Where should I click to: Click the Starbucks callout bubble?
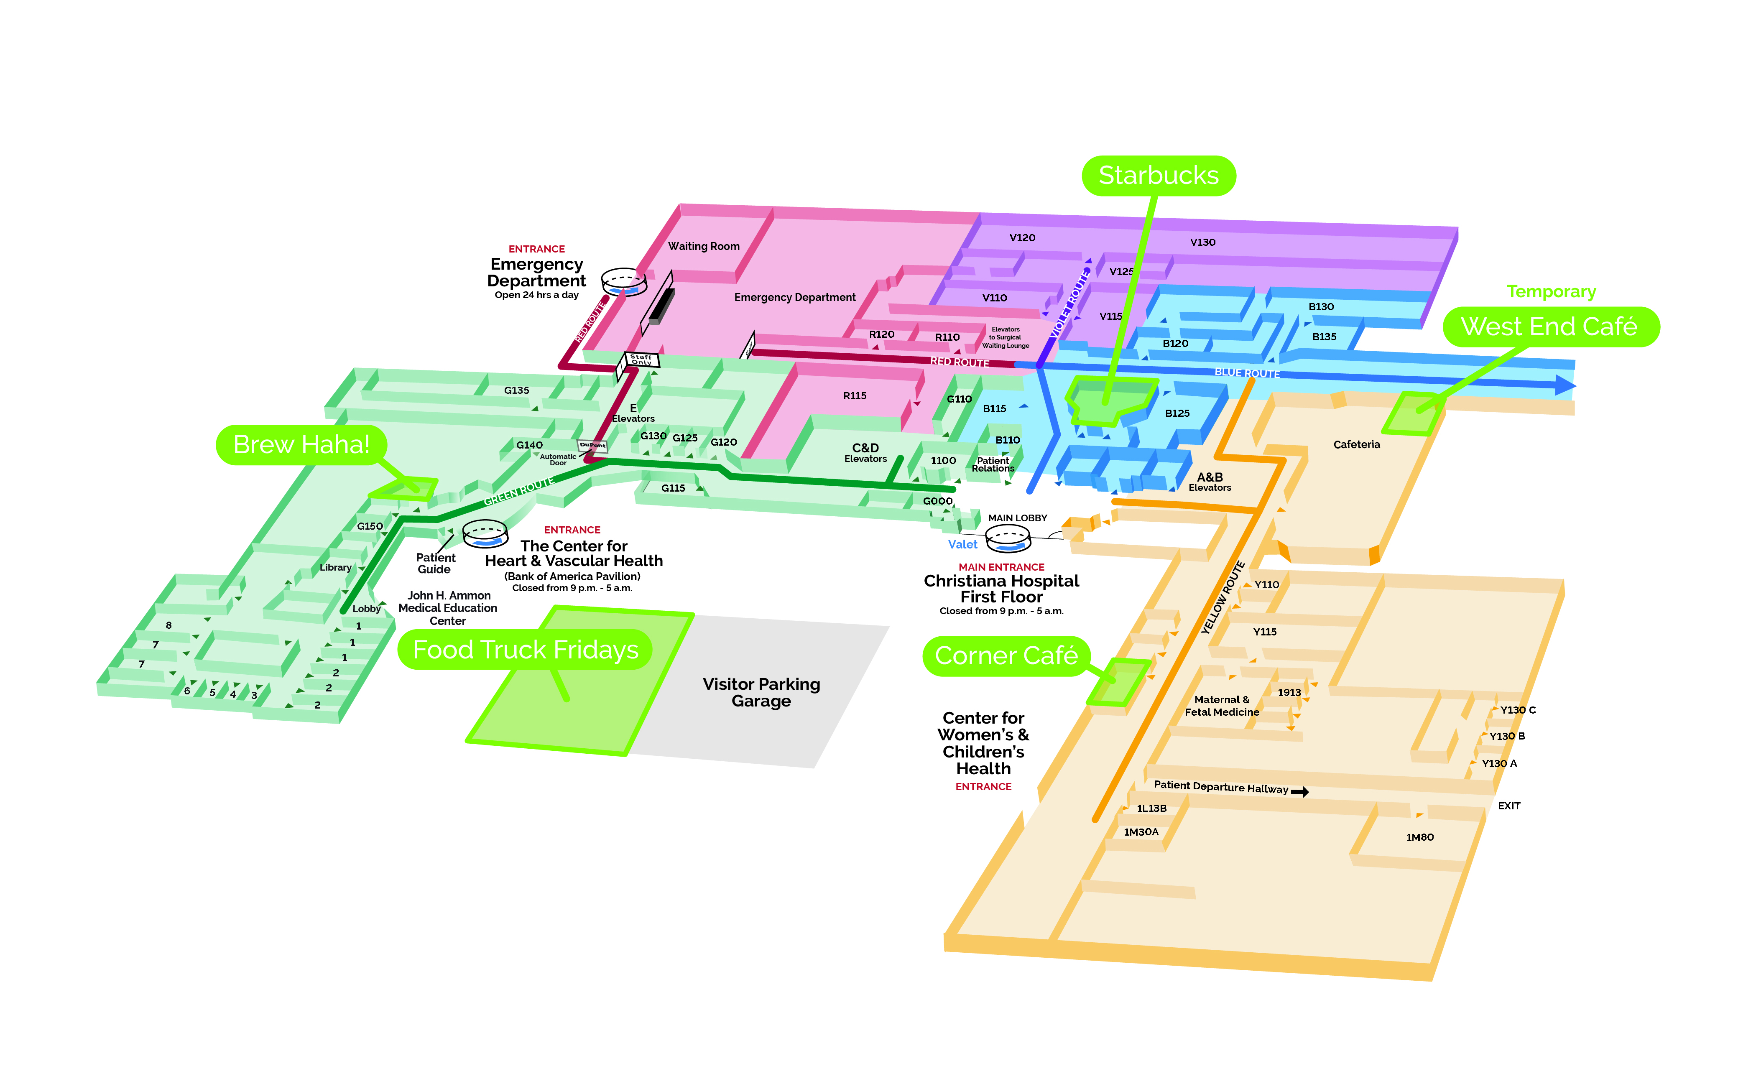point(1158,175)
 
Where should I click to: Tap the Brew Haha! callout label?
point(301,445)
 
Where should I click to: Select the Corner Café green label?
point(1006,655)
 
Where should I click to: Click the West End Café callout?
point(1549,327)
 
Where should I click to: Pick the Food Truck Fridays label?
point(525,650)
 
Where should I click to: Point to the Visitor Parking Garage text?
point(761,692)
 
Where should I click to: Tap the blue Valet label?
point(962,544)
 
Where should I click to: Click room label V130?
point(1202,242)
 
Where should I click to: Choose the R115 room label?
point(855,395)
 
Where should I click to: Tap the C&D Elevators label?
point(865,452)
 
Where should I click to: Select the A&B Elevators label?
point(1210,482)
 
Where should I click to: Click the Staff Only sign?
point(641,359)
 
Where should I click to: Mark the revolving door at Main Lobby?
point(1008,539)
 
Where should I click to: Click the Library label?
point(335,567)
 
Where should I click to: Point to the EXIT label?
point(1509,806)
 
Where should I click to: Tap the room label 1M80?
point(1419,837)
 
